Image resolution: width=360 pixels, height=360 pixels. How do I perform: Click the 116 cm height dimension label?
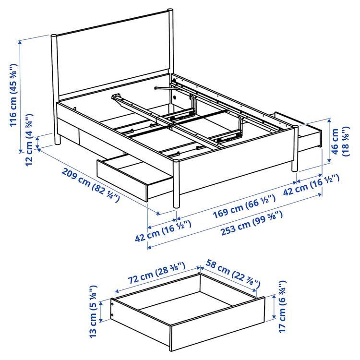(13, 95)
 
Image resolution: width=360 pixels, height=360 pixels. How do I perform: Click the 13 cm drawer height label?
(94, 312)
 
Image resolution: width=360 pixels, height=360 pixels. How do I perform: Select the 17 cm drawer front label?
(282, 306)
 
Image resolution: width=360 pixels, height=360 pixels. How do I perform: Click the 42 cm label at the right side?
(311, 185)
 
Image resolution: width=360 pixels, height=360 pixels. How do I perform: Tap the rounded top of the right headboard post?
(170, 11)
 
